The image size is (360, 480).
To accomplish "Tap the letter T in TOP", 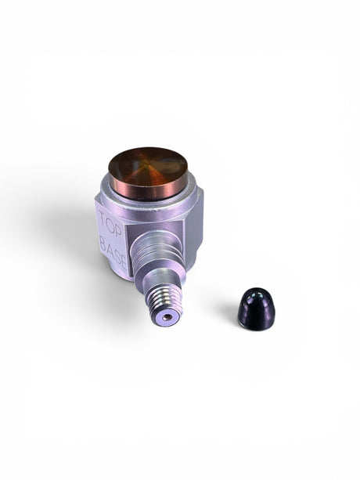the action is (103, 218).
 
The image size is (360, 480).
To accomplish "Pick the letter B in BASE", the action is (103, 245).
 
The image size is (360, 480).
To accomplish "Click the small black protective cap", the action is (257, 309).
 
